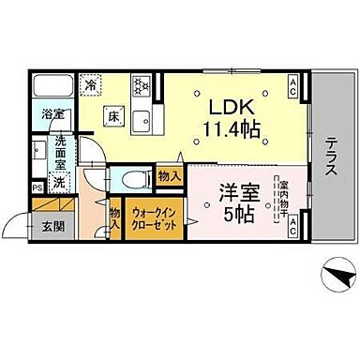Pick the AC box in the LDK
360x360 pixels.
coord(292,89)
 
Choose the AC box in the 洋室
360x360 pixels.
coord(292,224)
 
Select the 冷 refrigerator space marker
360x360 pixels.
coord(91,82)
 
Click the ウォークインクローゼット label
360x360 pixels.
coord(151,219)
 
